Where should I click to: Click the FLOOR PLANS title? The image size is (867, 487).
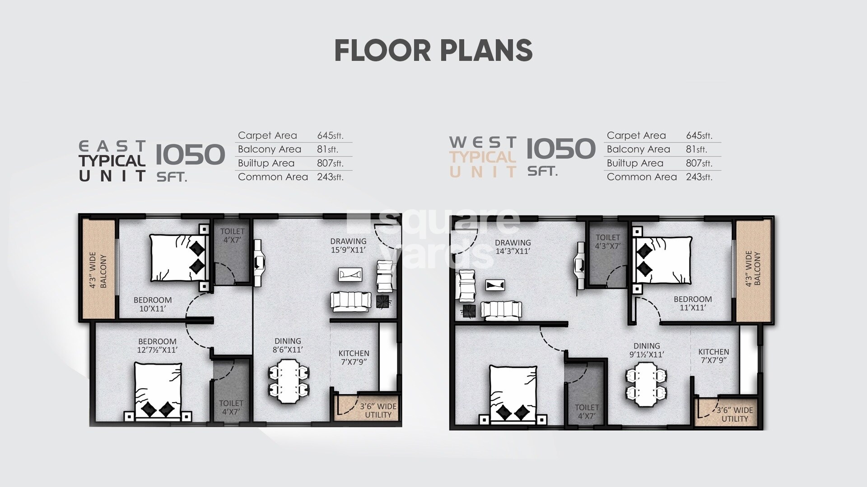click(433, 51)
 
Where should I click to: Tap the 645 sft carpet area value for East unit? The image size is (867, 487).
click(331, 135)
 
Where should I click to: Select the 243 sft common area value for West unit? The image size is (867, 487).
click(699, 177)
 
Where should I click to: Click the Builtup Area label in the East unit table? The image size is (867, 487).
click(266, 163)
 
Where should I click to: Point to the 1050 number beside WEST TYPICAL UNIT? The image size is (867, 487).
click(561, 148)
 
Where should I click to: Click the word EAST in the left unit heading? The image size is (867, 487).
click(112, 146)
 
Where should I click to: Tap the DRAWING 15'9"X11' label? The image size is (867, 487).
click(348, 245)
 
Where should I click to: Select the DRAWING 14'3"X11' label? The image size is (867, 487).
click(513, 247)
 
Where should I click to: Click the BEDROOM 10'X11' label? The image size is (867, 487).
click(153, 304)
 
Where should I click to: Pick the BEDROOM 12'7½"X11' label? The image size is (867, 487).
click(157, 345)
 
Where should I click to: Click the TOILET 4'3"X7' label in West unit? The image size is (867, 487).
click(608, 242)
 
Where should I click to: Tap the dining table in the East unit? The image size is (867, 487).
click(289, 381)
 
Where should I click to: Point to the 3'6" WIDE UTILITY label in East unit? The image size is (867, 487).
click(378, 410)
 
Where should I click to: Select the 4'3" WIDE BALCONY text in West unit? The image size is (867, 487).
click(753, 269)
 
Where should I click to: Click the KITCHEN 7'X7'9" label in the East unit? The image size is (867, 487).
click(354, 357)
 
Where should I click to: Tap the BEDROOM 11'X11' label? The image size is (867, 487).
click(692, 303)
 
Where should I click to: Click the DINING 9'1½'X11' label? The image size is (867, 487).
click(646, 350)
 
